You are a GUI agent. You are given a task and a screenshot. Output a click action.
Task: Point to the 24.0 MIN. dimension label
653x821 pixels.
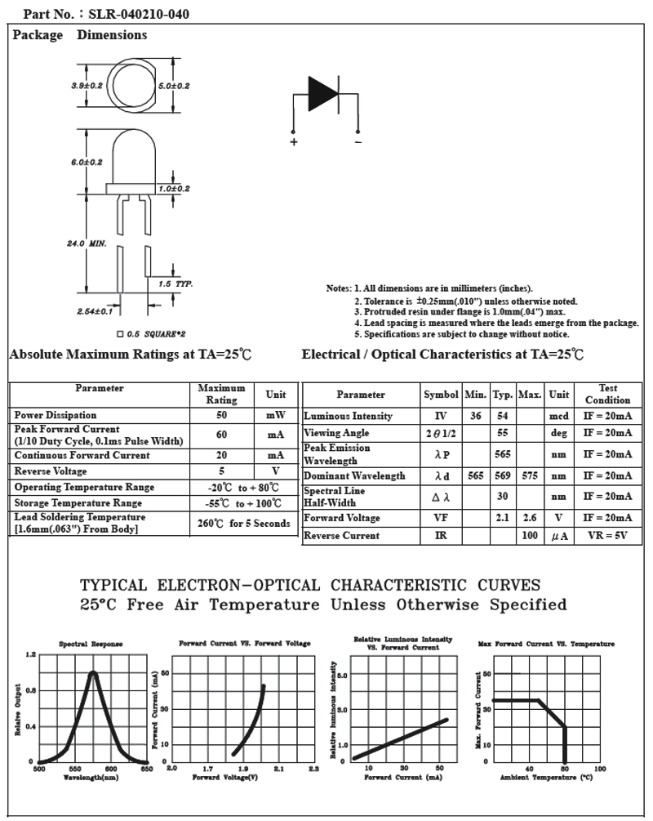coord(87,243)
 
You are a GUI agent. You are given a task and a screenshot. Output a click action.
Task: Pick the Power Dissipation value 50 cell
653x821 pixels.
coord(221,415)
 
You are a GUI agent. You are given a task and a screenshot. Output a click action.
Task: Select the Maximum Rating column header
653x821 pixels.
coord(221,394)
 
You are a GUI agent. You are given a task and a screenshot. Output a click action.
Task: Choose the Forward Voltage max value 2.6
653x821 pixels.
coord(530,518)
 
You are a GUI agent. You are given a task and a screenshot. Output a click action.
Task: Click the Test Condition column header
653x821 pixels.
coord(607,394)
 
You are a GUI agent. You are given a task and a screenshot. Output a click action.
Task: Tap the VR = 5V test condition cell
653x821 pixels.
coord(607,536)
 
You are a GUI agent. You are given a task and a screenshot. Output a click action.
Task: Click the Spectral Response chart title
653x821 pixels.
coord(91,644)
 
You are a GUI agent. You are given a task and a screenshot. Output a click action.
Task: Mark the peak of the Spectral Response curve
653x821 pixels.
coord(93,673)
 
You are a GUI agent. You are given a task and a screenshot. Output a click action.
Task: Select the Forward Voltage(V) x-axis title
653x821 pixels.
coord(225,777)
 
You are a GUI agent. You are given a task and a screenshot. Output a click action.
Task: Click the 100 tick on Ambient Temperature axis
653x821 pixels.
coord(599,769)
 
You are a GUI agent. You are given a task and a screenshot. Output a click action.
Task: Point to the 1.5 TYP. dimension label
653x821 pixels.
coord(175,283)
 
